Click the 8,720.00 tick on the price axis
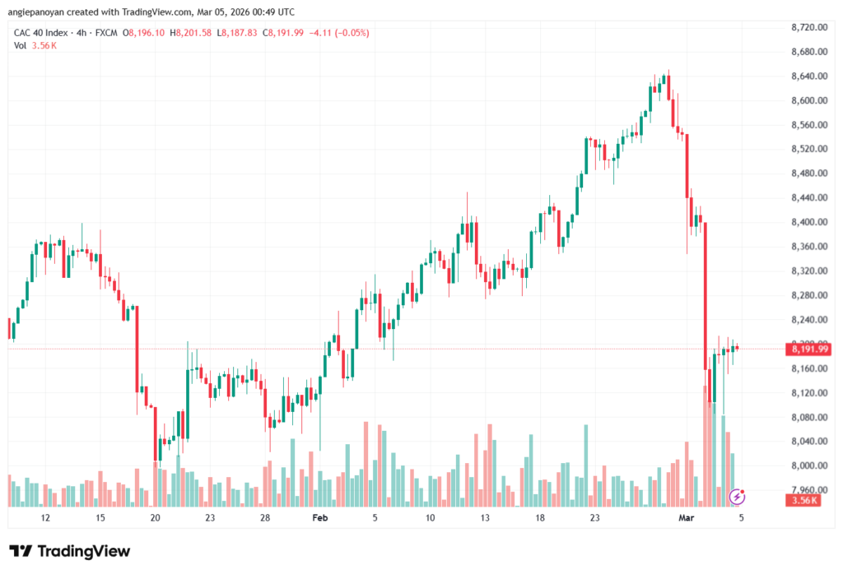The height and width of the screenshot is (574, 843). (808, 27)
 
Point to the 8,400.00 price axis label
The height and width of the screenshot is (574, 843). (808, 222)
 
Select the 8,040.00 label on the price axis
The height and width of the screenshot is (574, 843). (808, 442)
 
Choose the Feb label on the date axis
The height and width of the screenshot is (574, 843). (320, 518)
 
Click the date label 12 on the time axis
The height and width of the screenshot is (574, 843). (45, 518)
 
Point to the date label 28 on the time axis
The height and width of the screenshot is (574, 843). (265, 518)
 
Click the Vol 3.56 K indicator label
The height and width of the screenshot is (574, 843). (35, 45)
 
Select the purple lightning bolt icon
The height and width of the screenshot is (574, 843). (738, 496)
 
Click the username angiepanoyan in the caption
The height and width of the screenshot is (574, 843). (44, 12)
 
